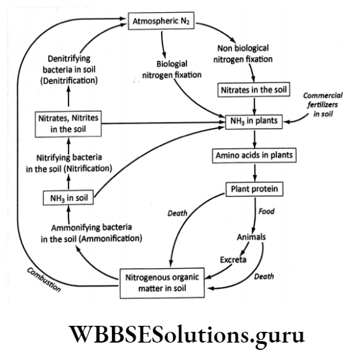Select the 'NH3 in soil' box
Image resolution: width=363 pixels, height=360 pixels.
click(65, 198)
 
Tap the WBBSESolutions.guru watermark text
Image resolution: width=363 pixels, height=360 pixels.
click(181, 335)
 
